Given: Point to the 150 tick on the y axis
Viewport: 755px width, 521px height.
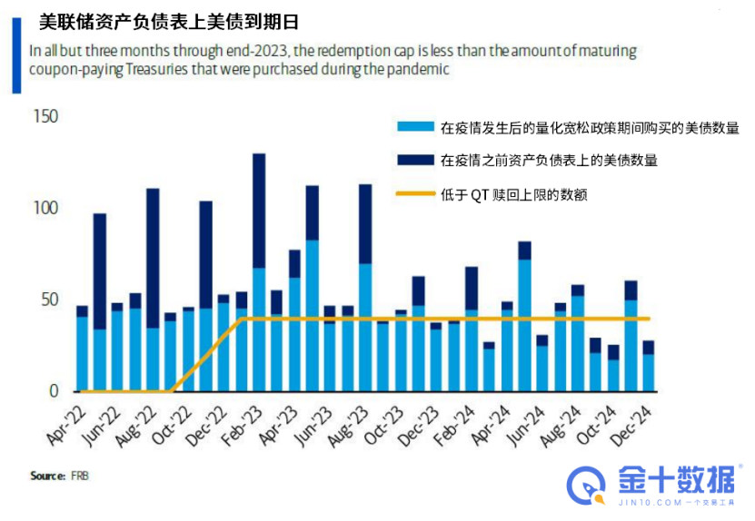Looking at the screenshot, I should [45, 117].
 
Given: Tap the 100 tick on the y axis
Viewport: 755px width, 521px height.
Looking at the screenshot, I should [45, 209].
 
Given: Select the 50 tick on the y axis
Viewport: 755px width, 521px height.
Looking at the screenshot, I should [48, 300].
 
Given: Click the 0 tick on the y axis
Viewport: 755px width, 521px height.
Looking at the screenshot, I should [53, 391].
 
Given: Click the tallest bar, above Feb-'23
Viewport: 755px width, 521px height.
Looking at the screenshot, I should [259, 272].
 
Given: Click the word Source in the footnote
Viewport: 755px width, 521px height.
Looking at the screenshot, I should [47, 476].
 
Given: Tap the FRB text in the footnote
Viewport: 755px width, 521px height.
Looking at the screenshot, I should [80, 476].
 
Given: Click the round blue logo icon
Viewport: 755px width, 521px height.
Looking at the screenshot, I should [585, 486].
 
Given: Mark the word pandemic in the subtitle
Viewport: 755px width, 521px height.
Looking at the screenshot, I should [420, 70].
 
